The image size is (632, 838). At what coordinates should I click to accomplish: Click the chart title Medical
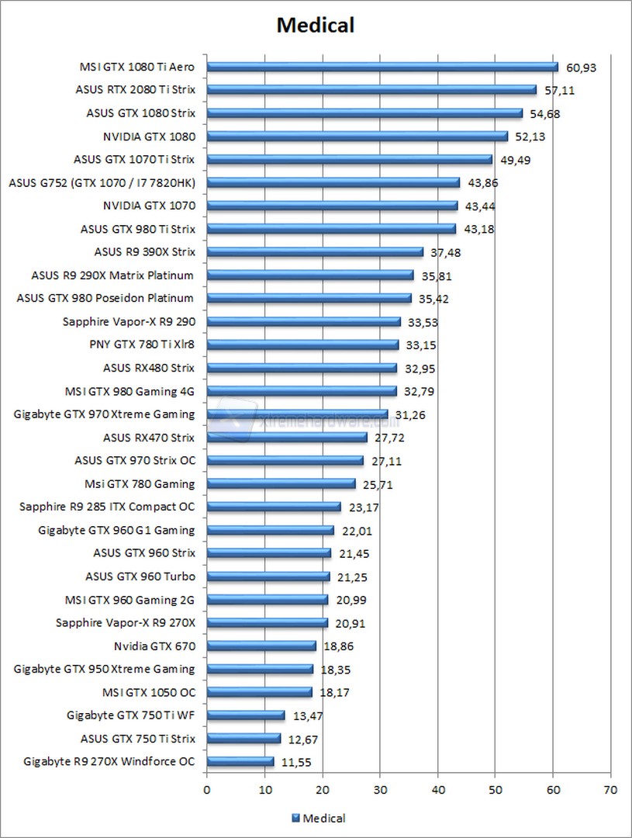coord(316,26)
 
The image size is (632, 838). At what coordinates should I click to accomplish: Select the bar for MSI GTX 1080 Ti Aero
coord(382,67)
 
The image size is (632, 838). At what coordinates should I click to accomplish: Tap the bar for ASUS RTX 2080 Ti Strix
coord(371,90)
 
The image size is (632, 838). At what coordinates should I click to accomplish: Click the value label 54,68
coord(545,113)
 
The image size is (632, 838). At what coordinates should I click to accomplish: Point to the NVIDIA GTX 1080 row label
coord(149,137)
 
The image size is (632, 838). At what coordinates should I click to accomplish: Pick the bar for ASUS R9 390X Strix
coord(315,252)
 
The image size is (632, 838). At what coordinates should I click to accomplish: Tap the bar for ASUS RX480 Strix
coord(302,368)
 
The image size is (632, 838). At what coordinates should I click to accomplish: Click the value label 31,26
coord(410,414)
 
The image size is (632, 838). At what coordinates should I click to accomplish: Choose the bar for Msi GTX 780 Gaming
coord(281,484)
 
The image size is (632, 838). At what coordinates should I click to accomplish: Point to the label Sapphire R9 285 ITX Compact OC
coord(107,507)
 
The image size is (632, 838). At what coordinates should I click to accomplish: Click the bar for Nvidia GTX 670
coord(261,646)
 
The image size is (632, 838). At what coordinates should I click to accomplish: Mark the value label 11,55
coord(296,762)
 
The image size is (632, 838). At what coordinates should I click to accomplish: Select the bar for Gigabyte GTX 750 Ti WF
coord(246,715)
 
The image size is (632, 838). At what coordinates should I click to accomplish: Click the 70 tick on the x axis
coord(610,790)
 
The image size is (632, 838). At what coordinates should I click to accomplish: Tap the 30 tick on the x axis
coord(380,790)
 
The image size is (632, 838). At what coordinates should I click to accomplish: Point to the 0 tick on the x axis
coord(207,790)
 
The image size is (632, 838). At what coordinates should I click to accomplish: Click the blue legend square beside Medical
coord(295,818)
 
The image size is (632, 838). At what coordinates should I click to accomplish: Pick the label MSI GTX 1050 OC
coord(148,692)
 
